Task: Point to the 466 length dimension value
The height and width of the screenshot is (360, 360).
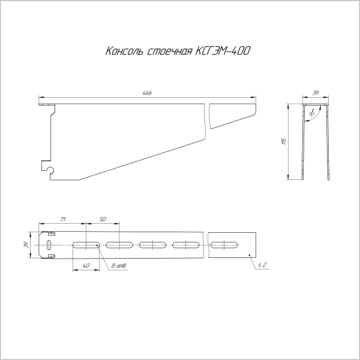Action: [x=147, y=93]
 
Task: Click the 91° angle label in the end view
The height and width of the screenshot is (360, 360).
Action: [x=313, y=112]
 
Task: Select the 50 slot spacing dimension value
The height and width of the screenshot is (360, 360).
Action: [x=103, y=220]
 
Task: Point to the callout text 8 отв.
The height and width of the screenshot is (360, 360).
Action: [x=118, y=266]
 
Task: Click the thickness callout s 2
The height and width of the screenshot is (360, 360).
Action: [x=262, y=265]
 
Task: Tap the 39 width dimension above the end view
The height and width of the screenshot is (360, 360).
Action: [x=316, y=93]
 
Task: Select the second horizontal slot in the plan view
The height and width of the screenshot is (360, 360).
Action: [x=119, y=245]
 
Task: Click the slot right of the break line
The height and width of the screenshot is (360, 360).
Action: [x=226, y=245]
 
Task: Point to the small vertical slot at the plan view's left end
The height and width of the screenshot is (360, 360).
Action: [x=47, y=245]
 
